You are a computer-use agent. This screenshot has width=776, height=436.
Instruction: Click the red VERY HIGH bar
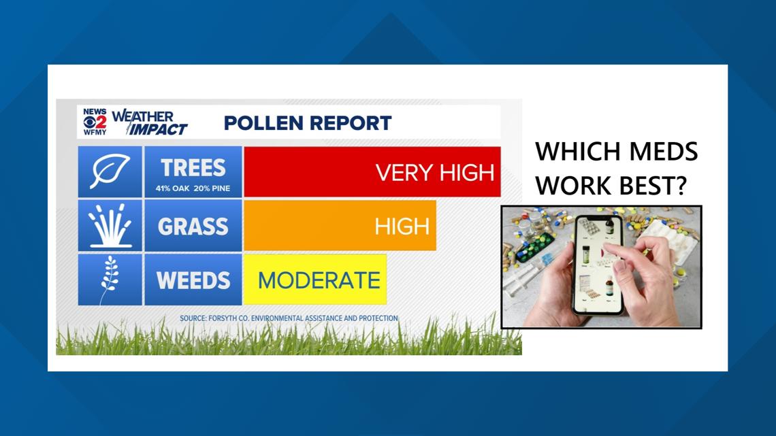pos(372,171)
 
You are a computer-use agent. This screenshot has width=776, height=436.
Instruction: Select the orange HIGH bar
pos(340,225)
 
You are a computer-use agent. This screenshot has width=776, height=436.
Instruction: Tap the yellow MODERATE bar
pos(315,280)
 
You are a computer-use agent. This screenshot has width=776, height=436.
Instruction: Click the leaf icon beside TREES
pos(110,171)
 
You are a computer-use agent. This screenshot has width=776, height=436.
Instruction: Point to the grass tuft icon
pos(110,225)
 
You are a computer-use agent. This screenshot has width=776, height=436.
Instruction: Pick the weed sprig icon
pos(110,280)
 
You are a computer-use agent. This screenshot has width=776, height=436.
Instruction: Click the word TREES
pos(193,168)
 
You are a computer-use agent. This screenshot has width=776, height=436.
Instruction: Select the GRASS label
pos(193,227)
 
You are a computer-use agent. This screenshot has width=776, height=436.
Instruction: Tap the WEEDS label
pos(193,280)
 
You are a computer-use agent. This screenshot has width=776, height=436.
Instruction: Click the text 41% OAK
pos(172,188)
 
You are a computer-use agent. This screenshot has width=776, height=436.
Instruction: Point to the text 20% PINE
pos(212,188)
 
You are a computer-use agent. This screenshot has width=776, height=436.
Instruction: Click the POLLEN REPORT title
pos(308,123)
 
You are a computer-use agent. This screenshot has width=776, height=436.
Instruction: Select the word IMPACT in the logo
pos(158,129)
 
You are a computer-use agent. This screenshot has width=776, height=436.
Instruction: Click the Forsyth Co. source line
pos(289,318)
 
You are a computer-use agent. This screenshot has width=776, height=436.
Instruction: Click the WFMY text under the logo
pos(95,132)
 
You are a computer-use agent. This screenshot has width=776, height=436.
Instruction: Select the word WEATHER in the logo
pos(142,117)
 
